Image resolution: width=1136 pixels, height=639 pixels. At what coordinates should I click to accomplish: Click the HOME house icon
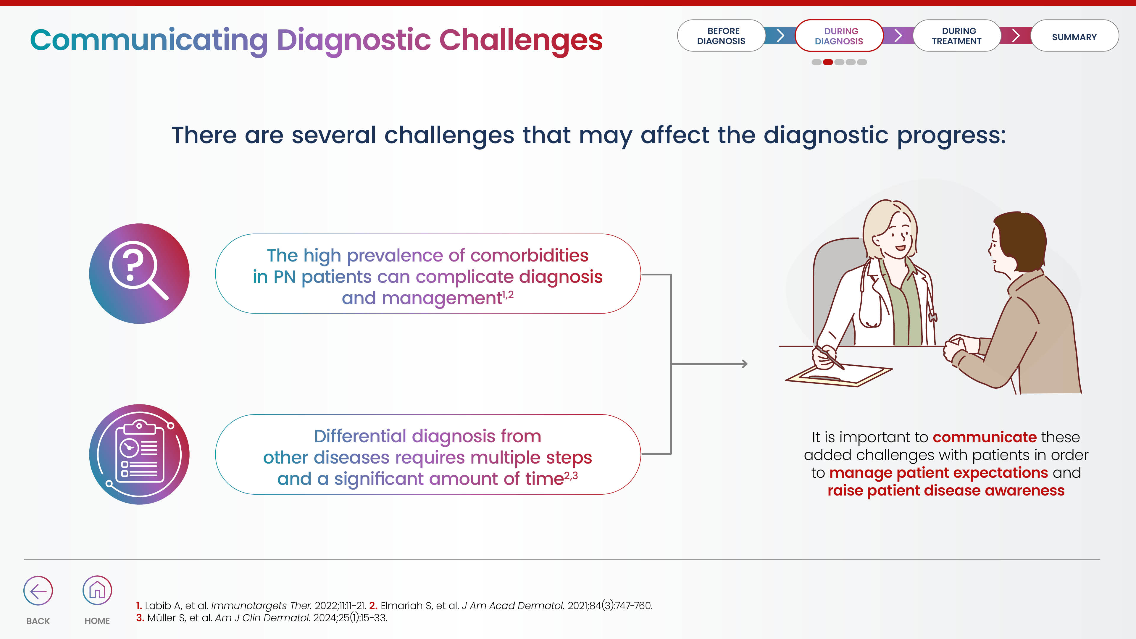[97, 590]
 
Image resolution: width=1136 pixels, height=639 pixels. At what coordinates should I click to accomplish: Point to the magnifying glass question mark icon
[139, 273]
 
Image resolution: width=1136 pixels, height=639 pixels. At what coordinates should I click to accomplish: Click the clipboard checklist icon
[139, 454]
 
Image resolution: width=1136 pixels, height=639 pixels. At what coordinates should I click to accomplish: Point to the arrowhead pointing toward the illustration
[744, 364]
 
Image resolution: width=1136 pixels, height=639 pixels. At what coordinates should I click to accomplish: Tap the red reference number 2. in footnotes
[373, 606]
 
